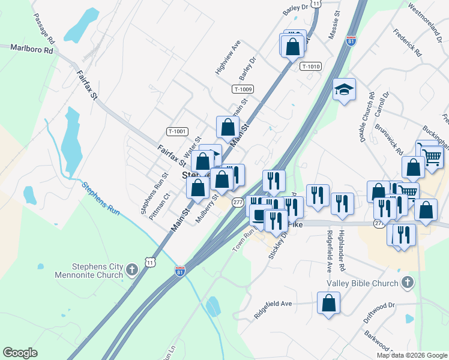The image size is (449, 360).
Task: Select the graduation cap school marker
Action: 344,90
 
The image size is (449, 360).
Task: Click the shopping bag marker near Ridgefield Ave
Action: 328,303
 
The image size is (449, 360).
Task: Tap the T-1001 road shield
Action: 178,131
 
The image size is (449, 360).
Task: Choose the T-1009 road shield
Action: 243,89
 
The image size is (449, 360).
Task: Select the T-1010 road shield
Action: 311,67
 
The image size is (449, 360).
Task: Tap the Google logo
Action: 20,353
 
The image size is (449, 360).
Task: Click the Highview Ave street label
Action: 228,58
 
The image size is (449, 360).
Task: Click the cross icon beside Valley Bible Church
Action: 407,282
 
